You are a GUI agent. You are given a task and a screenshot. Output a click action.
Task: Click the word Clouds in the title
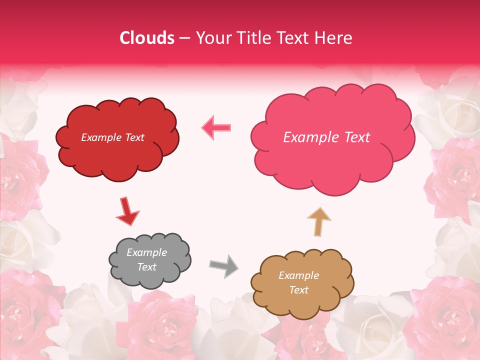(x=147, y=38)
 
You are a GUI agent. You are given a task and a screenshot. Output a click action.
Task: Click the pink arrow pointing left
(x=216, y=127)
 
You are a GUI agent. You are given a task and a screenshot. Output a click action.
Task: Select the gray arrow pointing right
(x=223, y=266)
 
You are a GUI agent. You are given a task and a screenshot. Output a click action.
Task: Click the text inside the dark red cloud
(x=112, y=137)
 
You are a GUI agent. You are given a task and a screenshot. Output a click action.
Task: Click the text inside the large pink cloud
(x=326, y=137)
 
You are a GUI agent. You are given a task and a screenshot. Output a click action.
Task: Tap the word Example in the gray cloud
(x=146, y=252)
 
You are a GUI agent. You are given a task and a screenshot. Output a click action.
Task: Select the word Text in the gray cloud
(x=146, y=267)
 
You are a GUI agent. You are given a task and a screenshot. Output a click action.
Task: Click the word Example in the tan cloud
(x=298, y=275)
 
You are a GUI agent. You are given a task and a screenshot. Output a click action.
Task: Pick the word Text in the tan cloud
(x=298, y=290)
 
